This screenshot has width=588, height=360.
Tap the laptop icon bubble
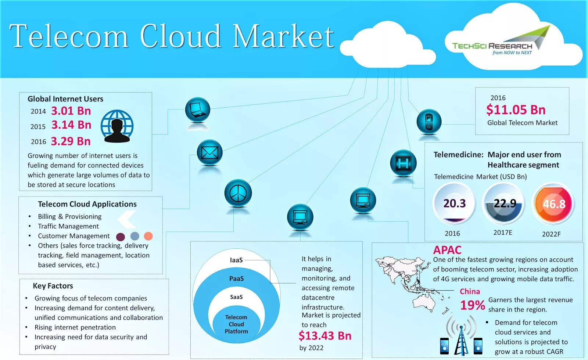click(x=198, y=110)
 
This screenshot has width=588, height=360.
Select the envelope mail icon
click(x=209, y=152)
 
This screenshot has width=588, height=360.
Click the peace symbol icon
click(x=238, y=193)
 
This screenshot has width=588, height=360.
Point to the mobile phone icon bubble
click(x=429, y=122)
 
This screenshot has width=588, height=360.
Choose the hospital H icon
click(x=403, y=163)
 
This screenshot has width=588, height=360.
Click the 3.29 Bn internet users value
click(x=71, y=141)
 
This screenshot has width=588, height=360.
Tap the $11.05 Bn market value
click(x=516, y=109)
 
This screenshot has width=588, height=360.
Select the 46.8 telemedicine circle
click(x=554, y=204)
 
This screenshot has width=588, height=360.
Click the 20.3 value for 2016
click(x=454, y=203)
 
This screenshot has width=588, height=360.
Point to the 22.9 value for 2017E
click(x=504, y=203)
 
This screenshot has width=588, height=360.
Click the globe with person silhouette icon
click(x=117, y=126)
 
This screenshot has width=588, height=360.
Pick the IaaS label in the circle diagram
click(x=236, y=260)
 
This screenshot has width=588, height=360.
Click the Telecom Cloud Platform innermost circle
click(x=236, y=324)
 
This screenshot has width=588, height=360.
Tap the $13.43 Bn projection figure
click(x=325, y=336)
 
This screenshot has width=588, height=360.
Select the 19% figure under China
click(x=473, y=305)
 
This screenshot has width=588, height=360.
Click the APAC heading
click(x=447, y=250)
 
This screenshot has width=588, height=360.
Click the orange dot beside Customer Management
click(x=148, y=236)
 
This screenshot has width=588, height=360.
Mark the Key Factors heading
click(x=53, y=286)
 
